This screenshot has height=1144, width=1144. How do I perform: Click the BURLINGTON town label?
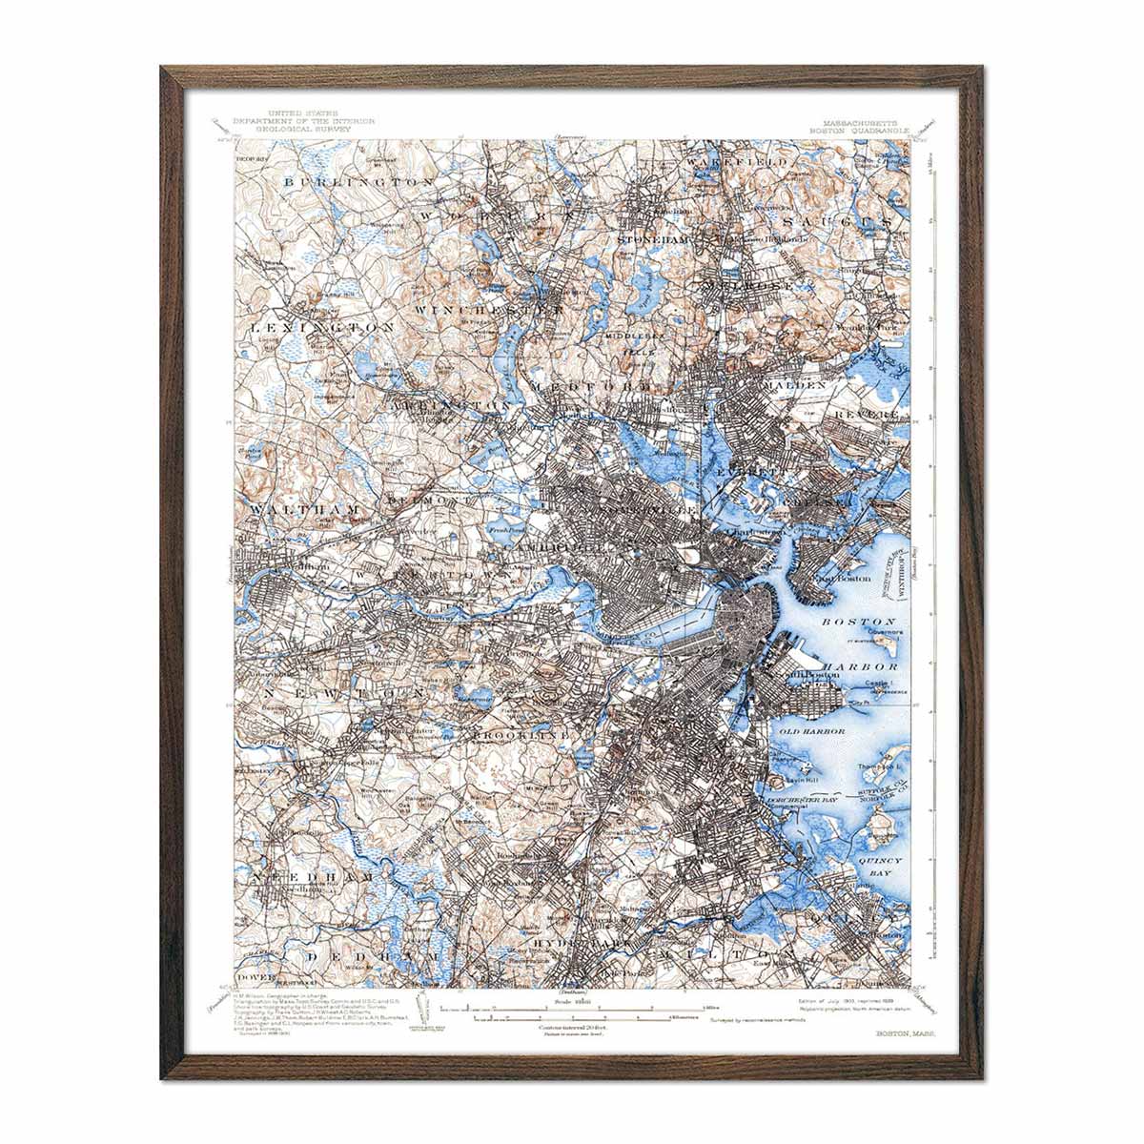click(358, 180)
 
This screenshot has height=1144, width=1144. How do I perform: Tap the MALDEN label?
click(794, 385)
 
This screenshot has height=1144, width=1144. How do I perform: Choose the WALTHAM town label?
click(304, 510)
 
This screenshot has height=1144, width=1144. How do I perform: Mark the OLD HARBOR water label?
click(811, 731)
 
